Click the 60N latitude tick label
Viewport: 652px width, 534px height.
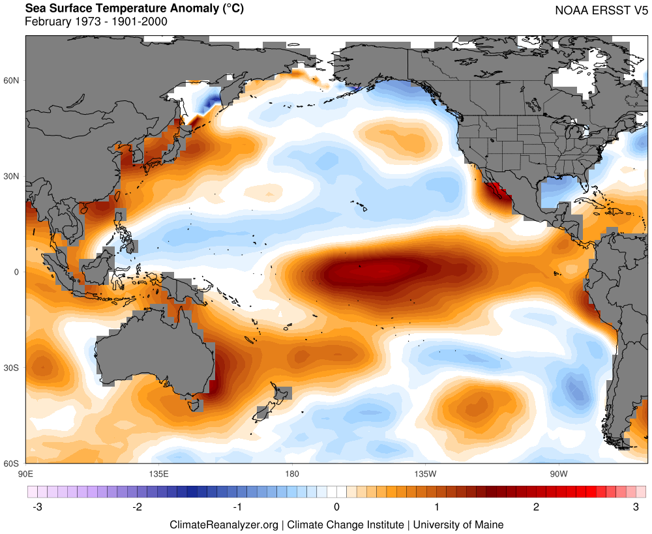tap(13, 80)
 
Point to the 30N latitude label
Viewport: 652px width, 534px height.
tap(13, 176)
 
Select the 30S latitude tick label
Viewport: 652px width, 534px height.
tap(13, 368)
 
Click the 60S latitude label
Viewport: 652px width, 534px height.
tap(13, 463)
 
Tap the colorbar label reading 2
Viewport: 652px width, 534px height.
tap(536, 507)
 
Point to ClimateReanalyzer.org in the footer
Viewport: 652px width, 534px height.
tap(224, 524)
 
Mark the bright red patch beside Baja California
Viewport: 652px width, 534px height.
tap(498, 192)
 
